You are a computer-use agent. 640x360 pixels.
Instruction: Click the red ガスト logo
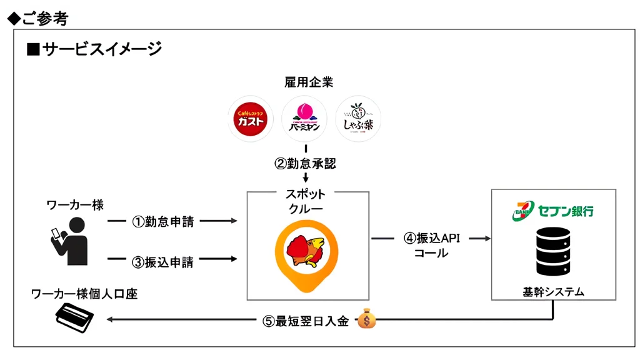(251, 119)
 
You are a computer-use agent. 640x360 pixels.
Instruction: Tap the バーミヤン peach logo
(304, 119)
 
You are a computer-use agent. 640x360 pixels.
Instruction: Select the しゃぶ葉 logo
(358, 119)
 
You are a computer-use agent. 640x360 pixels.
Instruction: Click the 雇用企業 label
(305, 82)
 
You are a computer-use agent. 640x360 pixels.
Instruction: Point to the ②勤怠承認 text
(306, 163)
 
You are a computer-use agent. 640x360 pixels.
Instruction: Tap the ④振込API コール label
(431, 246)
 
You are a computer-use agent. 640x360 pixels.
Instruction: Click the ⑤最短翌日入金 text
(306, 322)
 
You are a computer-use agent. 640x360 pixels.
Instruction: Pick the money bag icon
(367, 320)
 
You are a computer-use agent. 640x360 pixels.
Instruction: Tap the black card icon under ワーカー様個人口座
(74, 319)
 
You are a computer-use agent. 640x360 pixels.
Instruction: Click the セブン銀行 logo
(552, 211)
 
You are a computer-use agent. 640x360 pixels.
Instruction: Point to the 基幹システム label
(553, 291)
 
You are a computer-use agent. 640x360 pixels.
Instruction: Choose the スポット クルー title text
(305, 201)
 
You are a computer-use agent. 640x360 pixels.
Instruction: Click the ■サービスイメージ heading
(94, 48)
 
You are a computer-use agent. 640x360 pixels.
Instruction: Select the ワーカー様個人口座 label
(84, 294)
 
